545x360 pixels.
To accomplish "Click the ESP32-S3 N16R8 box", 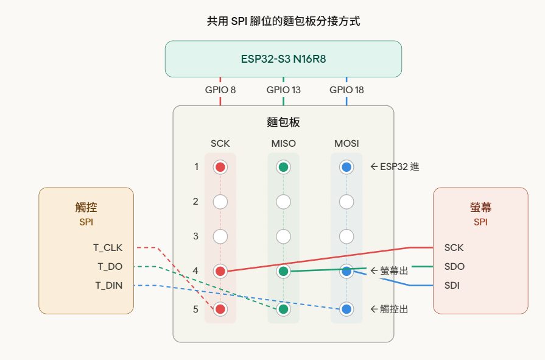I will point(283,59).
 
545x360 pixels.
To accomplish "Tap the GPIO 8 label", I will point(220,90).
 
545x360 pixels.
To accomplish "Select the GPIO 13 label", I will point(283,90).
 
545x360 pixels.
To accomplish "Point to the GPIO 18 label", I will point(346,90).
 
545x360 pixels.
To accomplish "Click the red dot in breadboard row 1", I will point(220,167).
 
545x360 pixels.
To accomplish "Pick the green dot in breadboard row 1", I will point(283,167).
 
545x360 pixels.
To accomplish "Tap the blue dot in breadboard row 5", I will point(346,309).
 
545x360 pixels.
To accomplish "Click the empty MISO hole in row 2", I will point(283,202).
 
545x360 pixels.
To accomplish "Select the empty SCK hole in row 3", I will point(220,236).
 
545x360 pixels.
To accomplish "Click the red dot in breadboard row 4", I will point(220,270).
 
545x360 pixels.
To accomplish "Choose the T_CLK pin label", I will point(108,248).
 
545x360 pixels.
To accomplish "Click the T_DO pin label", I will point(110,266).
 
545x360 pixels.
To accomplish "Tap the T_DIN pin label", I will point(108,285).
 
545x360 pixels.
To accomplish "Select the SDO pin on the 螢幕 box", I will point(454,266).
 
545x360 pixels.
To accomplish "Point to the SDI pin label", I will point(452,285).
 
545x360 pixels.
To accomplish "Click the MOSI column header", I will point(346,144).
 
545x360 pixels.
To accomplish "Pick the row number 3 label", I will point(195,236).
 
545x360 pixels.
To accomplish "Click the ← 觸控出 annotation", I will point(389,309).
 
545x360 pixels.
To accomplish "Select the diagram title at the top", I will point(283,21).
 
